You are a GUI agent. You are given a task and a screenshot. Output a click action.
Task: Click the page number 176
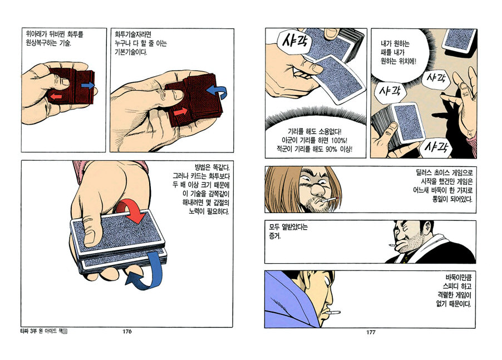pyautogui.click(x=127, y=332)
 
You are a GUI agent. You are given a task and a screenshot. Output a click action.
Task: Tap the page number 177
pyautogui.click(x=371, y=332)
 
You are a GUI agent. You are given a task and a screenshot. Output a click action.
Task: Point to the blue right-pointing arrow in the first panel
pyautogui.click(x=88, y=85)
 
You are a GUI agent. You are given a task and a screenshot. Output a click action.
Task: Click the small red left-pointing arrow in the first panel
pyautogui.click(x=57, y=96)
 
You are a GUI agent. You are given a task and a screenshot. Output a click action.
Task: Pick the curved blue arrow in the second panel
pyautogui.click(x=218, y=91)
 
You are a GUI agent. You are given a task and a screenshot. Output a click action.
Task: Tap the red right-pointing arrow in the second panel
pyautogui.click(x=180, y=112)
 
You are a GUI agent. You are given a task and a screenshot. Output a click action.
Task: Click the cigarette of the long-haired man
pyautogui.click(x=331, y=200)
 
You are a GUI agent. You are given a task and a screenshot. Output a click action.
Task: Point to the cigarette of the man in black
pyautogui.click(x=392, y=245)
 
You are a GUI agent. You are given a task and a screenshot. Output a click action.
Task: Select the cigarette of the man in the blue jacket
pyautogui.click(x=335, y=312)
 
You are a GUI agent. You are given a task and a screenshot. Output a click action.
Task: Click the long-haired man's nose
pyautogui.click(x=317, y=189)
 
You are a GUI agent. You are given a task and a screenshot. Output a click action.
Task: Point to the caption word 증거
pyautogui.click(x=275, y=236)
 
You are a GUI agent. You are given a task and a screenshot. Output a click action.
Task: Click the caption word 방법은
pyautogui.click(x=202, y=167)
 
